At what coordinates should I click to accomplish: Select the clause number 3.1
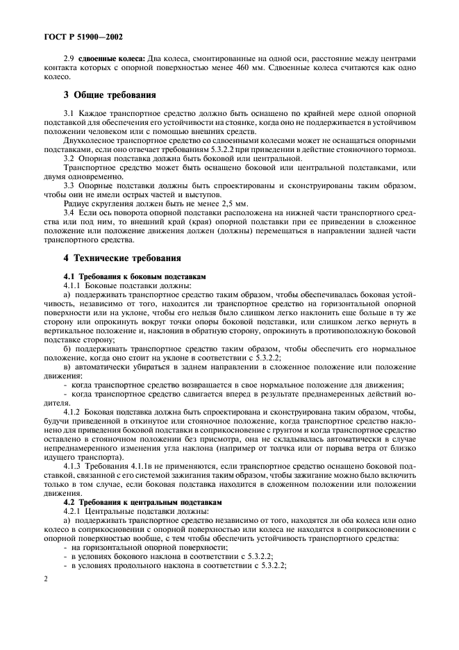68,112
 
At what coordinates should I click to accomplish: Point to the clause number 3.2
68,158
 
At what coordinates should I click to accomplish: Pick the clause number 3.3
68,186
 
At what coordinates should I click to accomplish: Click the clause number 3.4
68,214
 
